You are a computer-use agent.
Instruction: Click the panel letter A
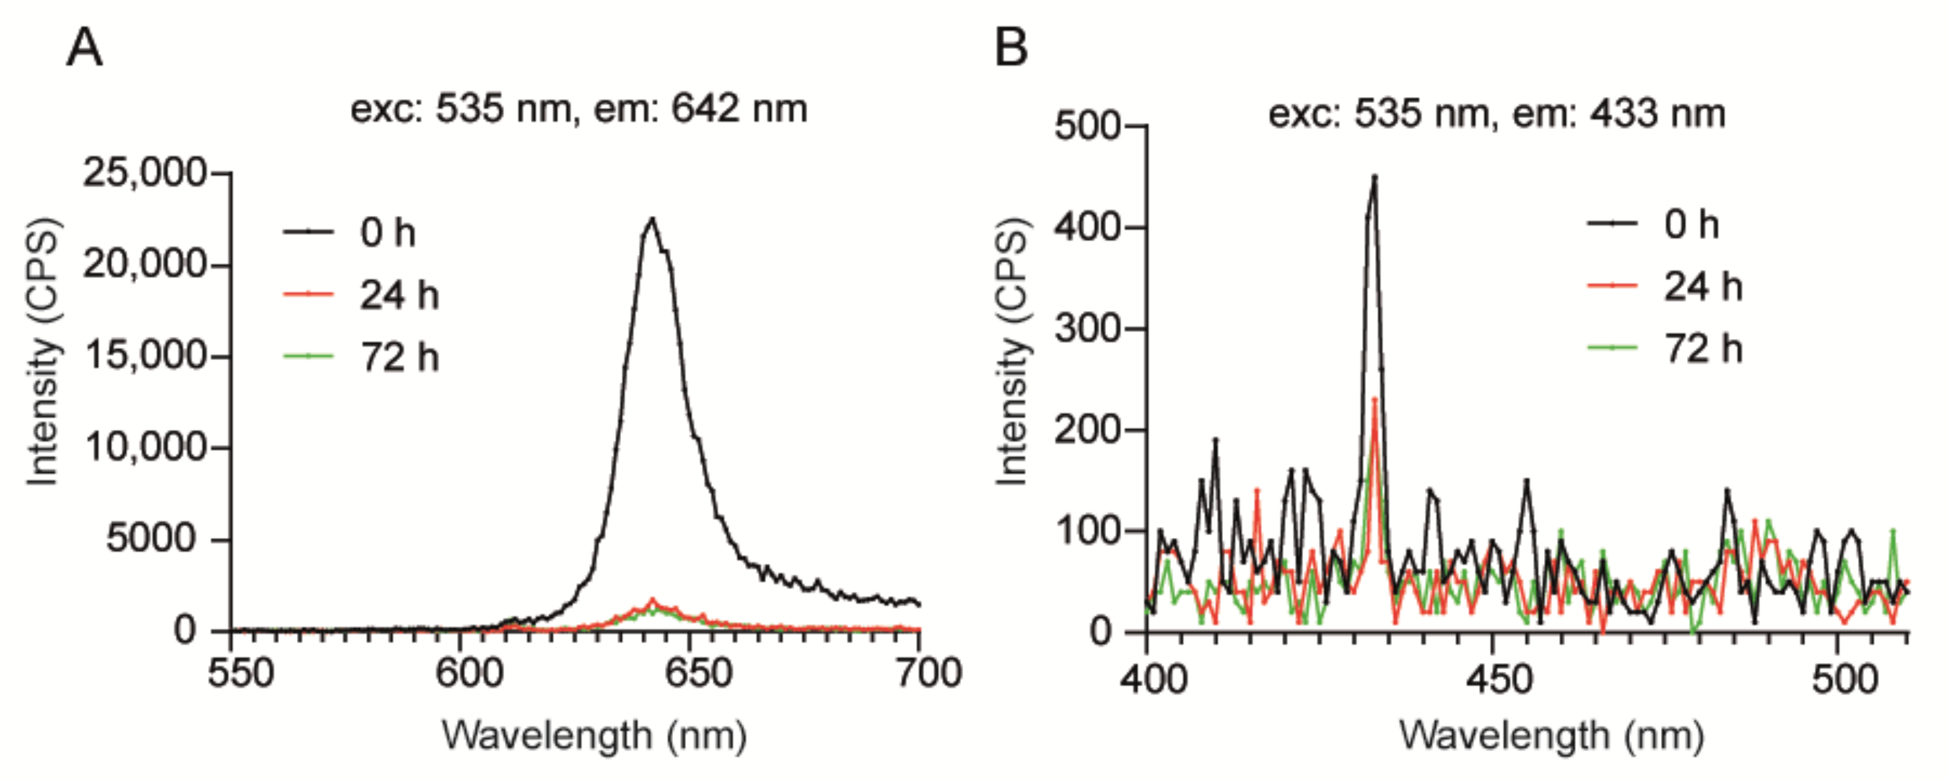tap(84, 48)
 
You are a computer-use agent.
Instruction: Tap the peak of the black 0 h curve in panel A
tap(652, 220)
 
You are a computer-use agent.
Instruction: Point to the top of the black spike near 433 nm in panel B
tap(1375, 177)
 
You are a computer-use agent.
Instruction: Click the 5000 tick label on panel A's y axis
tap(151, 539)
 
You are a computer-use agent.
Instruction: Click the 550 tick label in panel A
tap(240, 673)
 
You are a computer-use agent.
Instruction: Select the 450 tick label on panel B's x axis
tap(1491, 679)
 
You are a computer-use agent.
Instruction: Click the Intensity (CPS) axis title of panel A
tap(43, 352)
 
